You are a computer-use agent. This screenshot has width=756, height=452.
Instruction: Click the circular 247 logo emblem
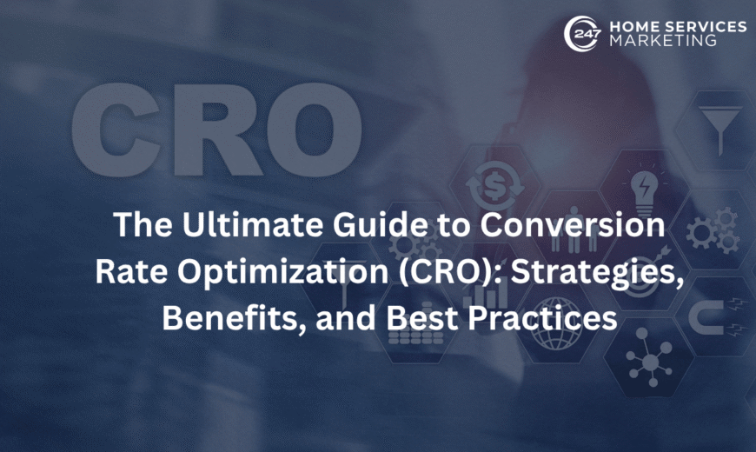coord(580,32)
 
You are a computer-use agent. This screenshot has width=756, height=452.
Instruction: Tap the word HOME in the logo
coord(632,26)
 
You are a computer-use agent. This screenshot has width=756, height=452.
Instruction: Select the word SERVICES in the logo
coord(704,26)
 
